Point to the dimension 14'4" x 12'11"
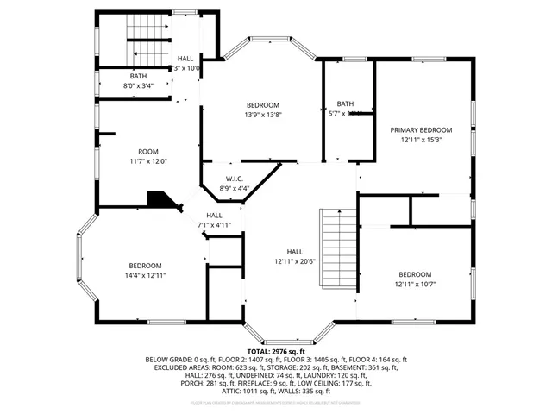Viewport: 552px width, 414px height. (x=146, y=275)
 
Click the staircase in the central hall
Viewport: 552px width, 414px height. (x=337, y=250)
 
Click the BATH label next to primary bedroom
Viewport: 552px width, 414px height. (x=345, y=103)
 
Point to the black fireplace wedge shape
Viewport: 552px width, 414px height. (x=161, y=201)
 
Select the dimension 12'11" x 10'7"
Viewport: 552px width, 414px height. (x=415, y=284)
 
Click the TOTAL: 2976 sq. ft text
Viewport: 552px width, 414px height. (x=275, y=352)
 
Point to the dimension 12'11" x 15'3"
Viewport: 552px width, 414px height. (x=420, y=139)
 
